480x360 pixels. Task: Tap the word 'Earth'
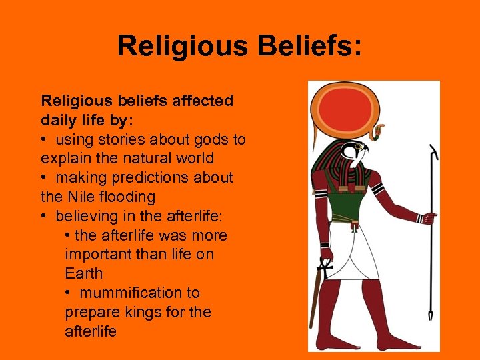[x=84, y=273]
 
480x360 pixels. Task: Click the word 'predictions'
[x=159, y=177]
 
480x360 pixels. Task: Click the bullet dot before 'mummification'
[x=70, y=293]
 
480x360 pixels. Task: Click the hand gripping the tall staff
[x=428, y=217]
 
